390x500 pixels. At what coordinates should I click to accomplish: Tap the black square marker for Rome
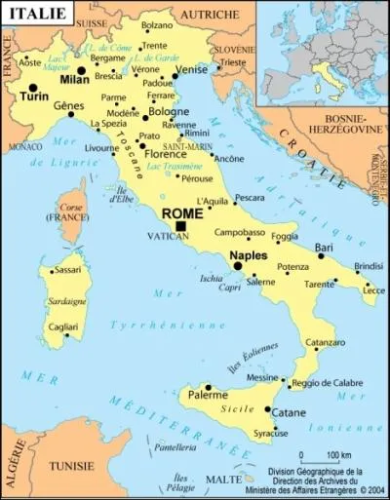click(182, 227)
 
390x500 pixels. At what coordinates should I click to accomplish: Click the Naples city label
click(248, 256)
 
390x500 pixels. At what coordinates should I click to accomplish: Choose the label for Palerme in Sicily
click(208, 396)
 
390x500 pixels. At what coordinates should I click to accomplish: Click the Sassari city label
click(66, 269)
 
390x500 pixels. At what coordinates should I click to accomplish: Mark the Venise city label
click(190, 71)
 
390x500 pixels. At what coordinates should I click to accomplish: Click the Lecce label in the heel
click(374, 289)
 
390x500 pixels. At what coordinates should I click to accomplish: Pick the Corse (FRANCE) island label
click(61, 213)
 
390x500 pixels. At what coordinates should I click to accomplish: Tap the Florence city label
click(164, 154)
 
